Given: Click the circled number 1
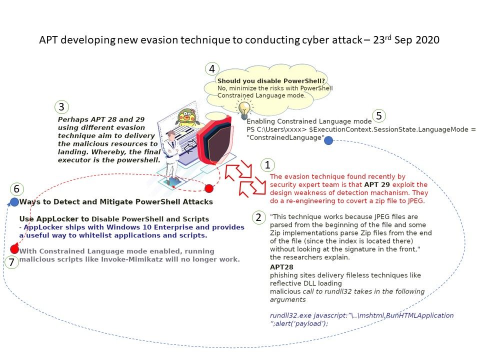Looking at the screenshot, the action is coord(267,165).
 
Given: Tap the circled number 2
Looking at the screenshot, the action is coord(258,217).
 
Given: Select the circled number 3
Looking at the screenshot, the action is coord(61,107).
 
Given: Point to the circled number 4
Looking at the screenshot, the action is coord(212,69).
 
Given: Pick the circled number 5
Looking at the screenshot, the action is coord(379,115).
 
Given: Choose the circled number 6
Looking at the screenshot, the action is coord(17,189).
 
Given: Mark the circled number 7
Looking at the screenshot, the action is coord(11,262).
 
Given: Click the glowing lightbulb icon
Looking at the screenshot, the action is coord(244,109).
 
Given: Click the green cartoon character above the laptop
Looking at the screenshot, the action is coord(187,117).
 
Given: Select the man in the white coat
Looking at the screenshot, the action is coord(171,156).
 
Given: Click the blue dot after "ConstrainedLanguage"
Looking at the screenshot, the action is coord(328,140).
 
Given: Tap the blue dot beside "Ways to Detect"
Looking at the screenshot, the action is coord(14,202).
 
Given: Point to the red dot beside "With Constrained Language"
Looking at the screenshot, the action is coord(14,249).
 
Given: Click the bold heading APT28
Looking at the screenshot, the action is coord(281,267).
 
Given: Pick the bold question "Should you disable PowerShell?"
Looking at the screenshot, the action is coord(271,81).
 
